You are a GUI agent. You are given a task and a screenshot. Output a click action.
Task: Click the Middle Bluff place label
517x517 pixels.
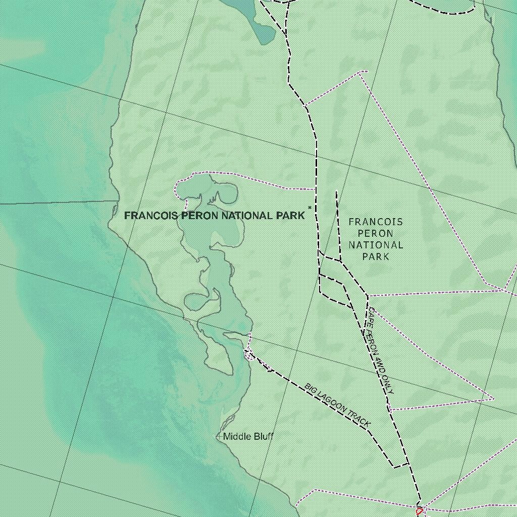[x=248, y=436]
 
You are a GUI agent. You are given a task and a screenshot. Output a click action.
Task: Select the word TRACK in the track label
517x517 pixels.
[x=359, y=419]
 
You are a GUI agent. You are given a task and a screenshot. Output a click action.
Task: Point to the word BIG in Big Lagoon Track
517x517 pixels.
[x=310, y=388]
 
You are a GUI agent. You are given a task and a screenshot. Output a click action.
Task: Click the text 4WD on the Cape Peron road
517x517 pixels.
[x=378, y=362]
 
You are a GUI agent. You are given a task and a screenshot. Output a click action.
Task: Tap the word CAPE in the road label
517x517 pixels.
[x=371, y=316]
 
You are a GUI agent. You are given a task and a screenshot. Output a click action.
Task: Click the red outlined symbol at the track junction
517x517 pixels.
[x=419, y=511]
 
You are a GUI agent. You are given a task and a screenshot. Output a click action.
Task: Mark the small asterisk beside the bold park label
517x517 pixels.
[x=309, y=208]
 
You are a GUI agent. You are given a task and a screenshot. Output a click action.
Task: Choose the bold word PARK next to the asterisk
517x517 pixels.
[x=290, y=216]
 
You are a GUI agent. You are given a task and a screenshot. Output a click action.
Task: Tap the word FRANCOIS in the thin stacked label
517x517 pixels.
[x=376, y=222]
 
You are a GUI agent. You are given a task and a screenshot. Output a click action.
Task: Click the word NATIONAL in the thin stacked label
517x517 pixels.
[x=376, y=245]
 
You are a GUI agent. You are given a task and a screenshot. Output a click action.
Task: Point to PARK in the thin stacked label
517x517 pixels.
[x=376, y=256]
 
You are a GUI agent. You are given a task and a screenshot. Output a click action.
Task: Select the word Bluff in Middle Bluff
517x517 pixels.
[x=262, y=436]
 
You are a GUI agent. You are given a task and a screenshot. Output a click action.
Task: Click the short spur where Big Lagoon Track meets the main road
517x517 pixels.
[x=401, y=465]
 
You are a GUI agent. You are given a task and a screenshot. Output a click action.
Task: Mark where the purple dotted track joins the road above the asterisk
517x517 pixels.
[x=316, y=189]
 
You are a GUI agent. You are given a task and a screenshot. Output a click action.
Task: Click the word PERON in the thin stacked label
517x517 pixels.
[x=376, y=233]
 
